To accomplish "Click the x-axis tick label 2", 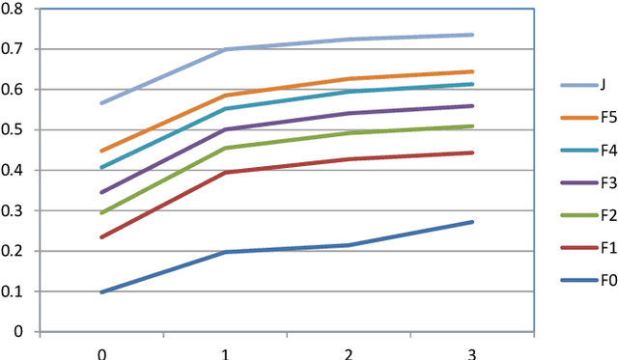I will [x=349, y=352].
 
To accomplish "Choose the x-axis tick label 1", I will [x=225, y=352].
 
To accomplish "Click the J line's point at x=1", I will [x=225, y=49].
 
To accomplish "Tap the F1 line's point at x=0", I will [x=101, y=237].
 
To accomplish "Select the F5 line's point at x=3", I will [x=472, y=71].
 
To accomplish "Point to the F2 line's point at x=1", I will [x=225, y=148].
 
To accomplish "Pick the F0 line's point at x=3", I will [x=472, y=222].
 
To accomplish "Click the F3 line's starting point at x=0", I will [x=101, y=192].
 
